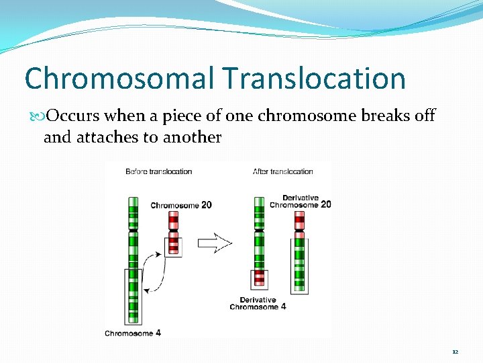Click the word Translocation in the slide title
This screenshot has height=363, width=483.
[315, 78]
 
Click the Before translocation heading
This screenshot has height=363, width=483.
[158, 171]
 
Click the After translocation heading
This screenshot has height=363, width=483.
[282, 171]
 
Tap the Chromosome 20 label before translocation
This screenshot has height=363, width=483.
[181, 205]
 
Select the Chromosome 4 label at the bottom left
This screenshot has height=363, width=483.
[133, 333]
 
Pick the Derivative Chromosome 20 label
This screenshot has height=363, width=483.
[300, 201]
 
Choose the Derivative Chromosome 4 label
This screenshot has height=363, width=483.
[258, 303]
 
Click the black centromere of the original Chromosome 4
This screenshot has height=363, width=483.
[133, 231]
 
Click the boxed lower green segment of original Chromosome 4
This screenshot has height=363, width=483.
[133, 295]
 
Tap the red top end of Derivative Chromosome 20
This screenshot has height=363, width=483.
[299, 218]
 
